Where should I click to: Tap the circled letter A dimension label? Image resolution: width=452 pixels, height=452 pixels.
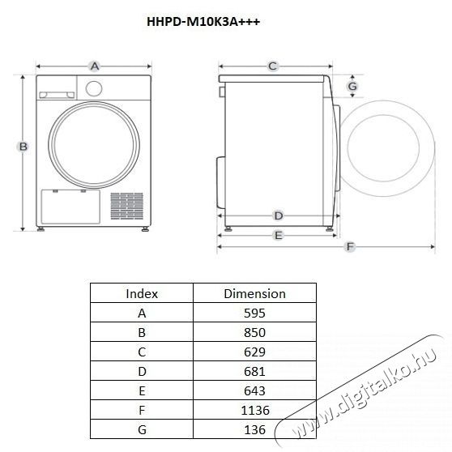pos(94,66)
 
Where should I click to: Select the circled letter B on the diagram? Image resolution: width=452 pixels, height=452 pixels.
pos(23,147)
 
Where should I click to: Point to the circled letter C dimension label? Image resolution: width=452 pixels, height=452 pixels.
pos(273,66)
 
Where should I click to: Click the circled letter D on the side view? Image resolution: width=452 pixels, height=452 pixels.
pos(278,215)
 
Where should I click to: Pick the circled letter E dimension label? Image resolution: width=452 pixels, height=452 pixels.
pos(278,235)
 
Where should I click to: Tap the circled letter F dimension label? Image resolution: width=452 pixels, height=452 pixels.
pos(349,246)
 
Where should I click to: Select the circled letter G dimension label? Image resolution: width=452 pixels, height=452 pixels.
pos(352,86)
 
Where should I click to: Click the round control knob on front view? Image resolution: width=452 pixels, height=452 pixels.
pos(94,88)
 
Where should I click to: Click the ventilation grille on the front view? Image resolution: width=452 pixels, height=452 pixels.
pos(126,207)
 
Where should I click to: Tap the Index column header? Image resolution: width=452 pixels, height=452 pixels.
pos(142,293)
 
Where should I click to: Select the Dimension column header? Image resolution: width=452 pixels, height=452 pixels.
pos(254,293)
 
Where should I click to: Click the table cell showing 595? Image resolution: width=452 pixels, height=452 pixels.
pos(254,313)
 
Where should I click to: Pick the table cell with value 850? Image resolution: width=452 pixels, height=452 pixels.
pos(254,332)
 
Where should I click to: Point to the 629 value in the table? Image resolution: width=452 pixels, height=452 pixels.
pos(254,352)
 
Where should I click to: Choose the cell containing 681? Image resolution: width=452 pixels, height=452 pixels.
pos(254,371)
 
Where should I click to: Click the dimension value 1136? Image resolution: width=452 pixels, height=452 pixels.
pos(254,410)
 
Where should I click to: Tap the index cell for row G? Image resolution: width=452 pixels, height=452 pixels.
pos(142,429)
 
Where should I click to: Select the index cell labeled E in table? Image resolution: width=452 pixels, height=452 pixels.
pos(142,390)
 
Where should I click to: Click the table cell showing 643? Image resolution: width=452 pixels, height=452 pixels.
pos(254,390)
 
